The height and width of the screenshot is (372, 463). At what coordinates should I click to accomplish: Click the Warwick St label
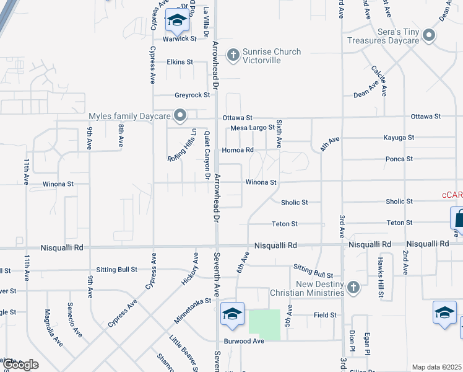click(x=180, y=38)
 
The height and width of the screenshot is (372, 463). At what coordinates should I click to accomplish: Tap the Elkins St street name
click(x=180, y=62)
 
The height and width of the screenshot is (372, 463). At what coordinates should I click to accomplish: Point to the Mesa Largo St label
click(x=252, y=128)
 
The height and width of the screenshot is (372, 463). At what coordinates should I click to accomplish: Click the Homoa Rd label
click(x=238, y=150)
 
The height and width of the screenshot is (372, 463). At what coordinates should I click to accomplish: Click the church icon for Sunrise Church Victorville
click(x=233, y=56)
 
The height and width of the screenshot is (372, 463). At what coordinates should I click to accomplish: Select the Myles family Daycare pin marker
click(x=180, y=116)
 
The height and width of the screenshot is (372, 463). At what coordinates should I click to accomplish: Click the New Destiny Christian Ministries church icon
click(x=353, y=287)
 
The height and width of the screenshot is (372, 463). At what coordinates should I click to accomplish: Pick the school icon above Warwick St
click(x=177, y=21)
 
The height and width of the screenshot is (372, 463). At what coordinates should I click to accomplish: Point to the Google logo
click(x=20, y=365)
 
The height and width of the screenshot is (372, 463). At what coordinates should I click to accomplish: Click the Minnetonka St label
click(x=193, y=310)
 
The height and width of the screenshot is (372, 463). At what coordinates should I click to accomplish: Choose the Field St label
click(x=325, y=315)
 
